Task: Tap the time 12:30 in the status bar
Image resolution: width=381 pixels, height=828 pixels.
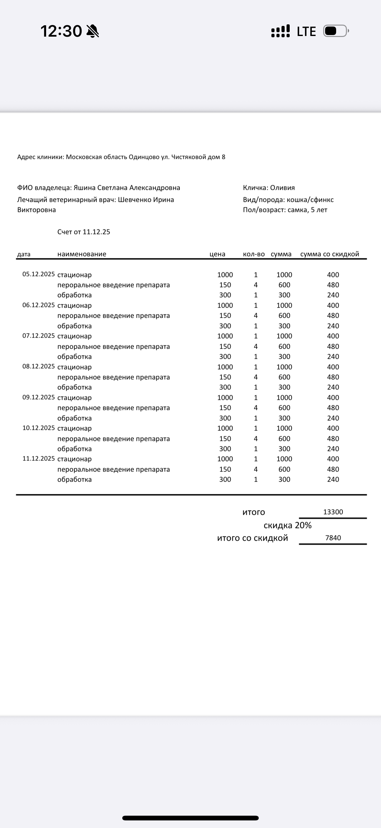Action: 61,31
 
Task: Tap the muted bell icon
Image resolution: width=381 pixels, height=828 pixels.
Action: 93,32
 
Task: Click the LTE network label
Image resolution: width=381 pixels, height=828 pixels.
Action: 306,32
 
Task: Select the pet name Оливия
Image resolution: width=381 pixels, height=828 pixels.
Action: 282,188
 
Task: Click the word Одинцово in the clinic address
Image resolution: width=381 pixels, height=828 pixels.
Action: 144,157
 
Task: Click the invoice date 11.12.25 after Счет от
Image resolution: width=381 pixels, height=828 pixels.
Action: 96,232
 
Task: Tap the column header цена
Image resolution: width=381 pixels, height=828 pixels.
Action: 217,254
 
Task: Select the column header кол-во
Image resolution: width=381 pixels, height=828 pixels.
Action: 254,254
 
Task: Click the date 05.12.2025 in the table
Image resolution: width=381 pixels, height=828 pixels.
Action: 39,274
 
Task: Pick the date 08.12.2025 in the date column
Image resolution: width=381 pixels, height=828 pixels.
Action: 39,366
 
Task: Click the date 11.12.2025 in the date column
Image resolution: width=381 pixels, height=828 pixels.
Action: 39,458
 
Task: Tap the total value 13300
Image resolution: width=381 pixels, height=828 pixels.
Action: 333,512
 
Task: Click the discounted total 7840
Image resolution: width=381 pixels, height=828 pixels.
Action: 333,538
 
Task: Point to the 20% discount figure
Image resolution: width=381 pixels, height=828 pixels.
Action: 303,525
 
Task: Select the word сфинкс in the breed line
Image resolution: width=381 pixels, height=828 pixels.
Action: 323,200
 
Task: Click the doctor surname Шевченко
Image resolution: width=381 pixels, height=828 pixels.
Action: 134,200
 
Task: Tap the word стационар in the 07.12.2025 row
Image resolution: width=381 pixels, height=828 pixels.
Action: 75,336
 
